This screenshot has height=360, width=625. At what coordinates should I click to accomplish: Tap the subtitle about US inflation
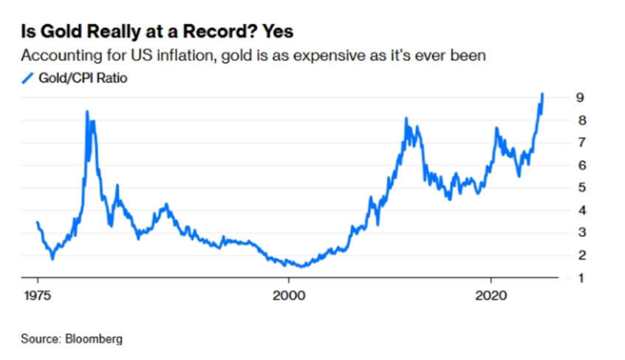[x=253, y=55]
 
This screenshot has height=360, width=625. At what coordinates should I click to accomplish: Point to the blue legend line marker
[x=28, y=77]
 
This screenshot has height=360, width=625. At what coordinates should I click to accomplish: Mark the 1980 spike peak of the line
[x=87, y=112]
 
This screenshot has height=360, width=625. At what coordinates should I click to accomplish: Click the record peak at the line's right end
[x=543, y=94]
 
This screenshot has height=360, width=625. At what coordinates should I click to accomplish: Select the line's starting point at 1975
[x=37, y=222]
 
